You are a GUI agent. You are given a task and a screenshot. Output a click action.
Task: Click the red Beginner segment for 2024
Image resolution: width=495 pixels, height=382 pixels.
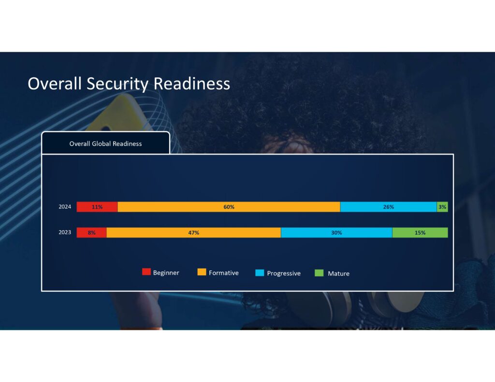97,207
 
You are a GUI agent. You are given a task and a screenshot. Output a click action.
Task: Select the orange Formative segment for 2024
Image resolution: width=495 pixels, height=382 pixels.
229,207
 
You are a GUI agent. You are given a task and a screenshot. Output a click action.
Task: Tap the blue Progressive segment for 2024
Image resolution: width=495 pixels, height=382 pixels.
389,207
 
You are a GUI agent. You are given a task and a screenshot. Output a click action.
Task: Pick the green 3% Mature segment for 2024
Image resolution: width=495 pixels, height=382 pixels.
442,207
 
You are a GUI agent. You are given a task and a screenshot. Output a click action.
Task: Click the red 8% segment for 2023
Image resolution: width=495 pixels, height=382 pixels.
91,232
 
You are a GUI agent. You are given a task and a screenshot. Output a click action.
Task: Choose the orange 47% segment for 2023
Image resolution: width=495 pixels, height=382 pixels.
194,232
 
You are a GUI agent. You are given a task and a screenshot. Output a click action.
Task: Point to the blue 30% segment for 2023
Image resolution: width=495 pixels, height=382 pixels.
336,232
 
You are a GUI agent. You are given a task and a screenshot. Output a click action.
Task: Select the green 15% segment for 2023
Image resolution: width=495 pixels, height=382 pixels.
420,232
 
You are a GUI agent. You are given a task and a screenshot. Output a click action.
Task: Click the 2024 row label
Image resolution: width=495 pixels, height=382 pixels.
65,207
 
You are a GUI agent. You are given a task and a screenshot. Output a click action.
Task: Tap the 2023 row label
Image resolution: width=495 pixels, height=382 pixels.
65,232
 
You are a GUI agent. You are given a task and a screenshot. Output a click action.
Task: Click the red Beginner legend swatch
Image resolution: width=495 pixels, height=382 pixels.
146,271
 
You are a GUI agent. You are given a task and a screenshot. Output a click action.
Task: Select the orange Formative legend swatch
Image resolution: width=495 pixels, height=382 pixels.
202,272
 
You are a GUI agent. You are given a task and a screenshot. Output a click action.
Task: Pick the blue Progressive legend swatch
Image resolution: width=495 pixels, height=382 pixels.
260,272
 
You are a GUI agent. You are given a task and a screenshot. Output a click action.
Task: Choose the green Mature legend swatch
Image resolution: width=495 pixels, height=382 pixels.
319,273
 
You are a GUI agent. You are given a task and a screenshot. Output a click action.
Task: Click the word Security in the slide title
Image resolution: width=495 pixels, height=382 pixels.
117,84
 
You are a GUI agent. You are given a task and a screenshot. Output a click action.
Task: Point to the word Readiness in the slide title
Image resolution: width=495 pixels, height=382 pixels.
192,84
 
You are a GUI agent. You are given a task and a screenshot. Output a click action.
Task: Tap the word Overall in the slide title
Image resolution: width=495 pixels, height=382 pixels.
55,84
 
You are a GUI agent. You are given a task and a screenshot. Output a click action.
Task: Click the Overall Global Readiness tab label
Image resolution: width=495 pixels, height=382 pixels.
105,143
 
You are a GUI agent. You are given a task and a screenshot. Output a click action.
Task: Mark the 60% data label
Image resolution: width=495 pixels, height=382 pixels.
229,207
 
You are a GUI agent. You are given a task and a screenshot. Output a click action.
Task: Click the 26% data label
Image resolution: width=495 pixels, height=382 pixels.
389,207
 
